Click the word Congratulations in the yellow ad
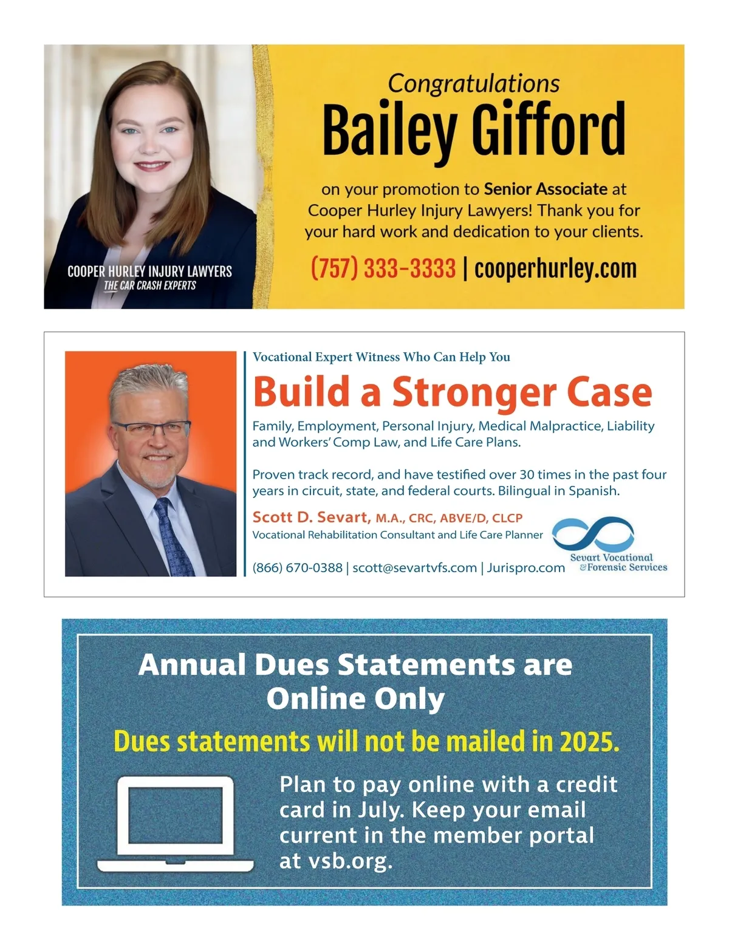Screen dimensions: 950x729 (x=473, y=84)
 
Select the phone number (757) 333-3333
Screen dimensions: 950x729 (x=383, y=268)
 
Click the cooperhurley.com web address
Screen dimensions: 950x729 (x=555, y=268)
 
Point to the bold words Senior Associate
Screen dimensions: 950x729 (x=546, y=190)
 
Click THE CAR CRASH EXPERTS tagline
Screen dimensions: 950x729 (x=149, y=285)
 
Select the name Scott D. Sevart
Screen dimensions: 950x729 (x=311, y=518)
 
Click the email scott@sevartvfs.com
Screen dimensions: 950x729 (x=414, y=568)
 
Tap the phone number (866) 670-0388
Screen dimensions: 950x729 (x=297, y=568)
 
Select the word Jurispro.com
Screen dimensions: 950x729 (x=525, y=568)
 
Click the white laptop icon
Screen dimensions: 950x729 (x=175, y=823)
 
